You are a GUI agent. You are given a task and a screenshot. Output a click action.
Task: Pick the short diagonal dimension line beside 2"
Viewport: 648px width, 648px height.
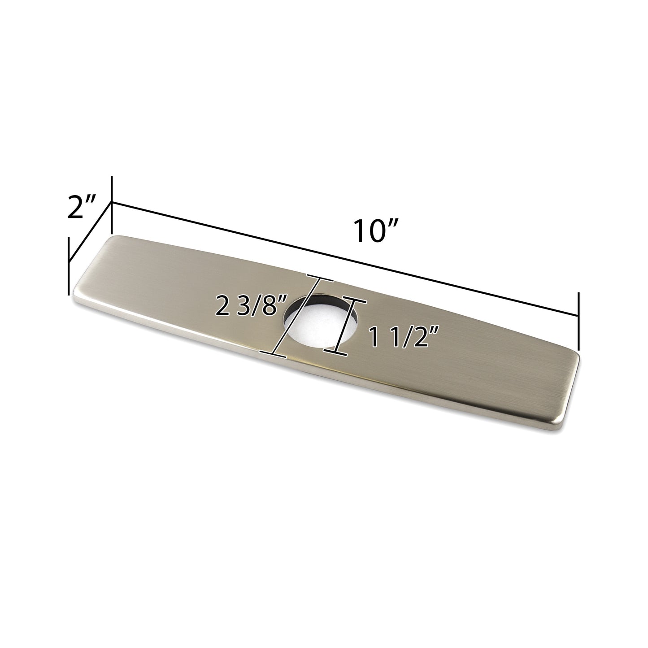coord(90,231)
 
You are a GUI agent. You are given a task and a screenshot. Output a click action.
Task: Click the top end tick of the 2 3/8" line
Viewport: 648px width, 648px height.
coord(320,268)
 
